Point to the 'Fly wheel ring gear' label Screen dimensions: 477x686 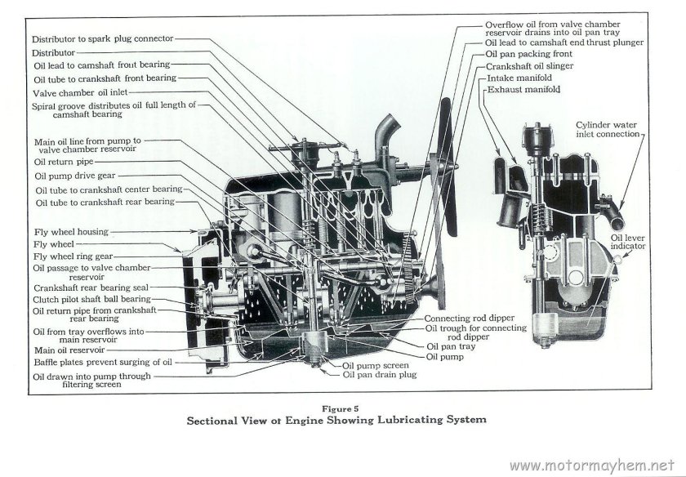74,256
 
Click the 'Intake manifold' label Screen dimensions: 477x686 519,78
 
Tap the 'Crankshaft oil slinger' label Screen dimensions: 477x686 529,65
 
